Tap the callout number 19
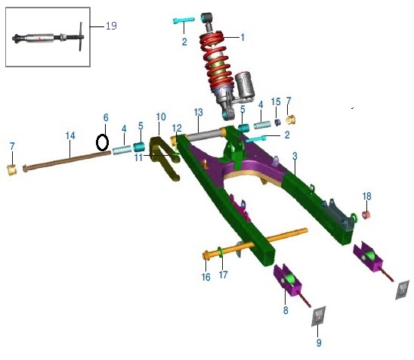tap(111, 26)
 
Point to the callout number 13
tap(198, 112)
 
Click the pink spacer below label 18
tap(366, 215)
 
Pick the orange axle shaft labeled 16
tap(255, 244)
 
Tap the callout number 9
tap(319, 343)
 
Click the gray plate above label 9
tap(318, 316)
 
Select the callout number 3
tap(295, 157)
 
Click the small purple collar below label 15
tap(277, 123)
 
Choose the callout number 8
tap(286, 310)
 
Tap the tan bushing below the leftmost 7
tap(12, 170)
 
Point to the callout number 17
tap(223, 275)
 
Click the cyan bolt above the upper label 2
tap(184, 20)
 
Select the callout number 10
tap(161, 116)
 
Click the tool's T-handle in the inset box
tap(81, 36)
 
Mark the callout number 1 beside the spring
tap(243, 37)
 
